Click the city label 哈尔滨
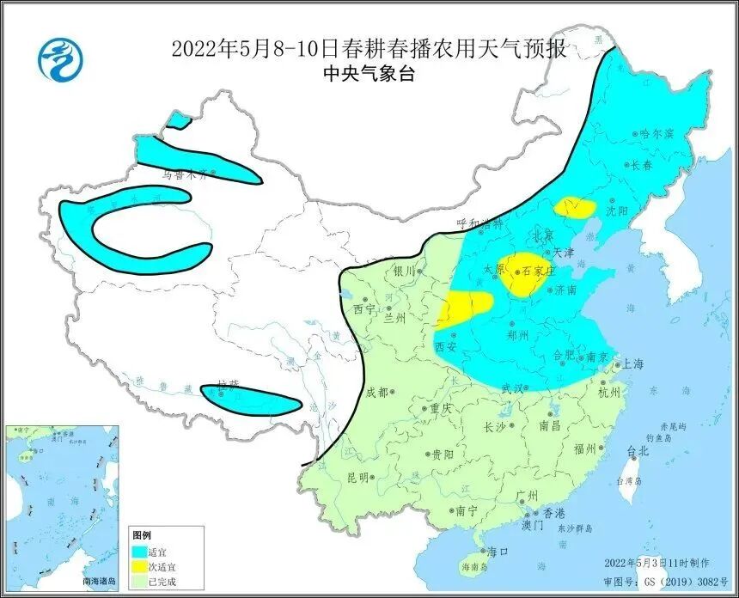tap(657, 134)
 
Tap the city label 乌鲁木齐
tap(185, 174)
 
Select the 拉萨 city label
tap(227, 387)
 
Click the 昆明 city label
tap(357, 476)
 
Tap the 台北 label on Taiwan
tap(638, 449)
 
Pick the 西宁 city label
tap(364, 308)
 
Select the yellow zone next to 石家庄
tap(522, 272)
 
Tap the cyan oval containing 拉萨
tap(251, 398)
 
